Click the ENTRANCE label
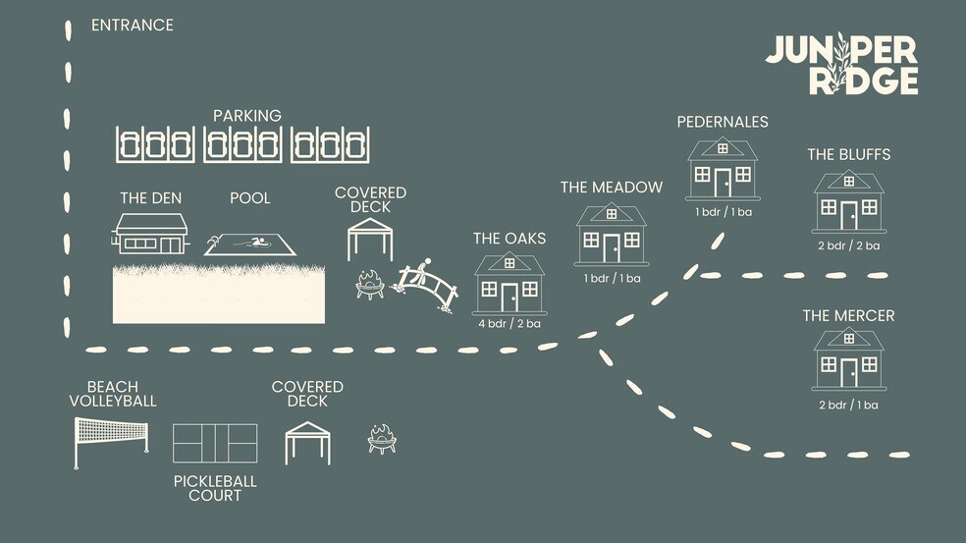pyautogui.click(x=133, y=26)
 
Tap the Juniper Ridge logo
pyautogui.click(x=841, y=65)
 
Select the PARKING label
pyautogui.click(x=247, y=116)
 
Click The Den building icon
pyautogui.click(x=150, y=234)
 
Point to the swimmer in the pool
pyautogui.click(x=257, y=243)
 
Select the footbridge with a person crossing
pyautogui.click(x=426, y=286)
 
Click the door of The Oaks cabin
pyautogui.click(x=510, y=298)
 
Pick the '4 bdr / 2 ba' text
pyautogui.click(x=510, y=324)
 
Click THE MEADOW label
pyautogui.click(x=612, y=188)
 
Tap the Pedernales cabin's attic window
pyautogui.click(x=723, y=148)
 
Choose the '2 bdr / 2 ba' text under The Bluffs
pyautogui.click(x=849, y=245)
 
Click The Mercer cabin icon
pyautogui.click(x=849, y=358)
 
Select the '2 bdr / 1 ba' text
pyautogui.click(x=848, y=405)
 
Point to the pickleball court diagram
pyautogui.click(x=215, y=443)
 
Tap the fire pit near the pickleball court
pyautogui.click(x=382, y=440)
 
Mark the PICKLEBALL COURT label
pyautogui.click(x=215, y=489)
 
